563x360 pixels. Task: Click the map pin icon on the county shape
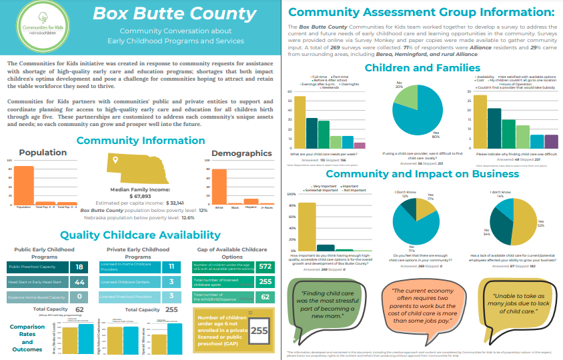coord(115,161)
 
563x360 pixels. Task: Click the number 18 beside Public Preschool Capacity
coord(79,267)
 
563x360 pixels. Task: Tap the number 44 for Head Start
coord(79,282)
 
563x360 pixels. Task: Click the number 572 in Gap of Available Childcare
coord(265,267)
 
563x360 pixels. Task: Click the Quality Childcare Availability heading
coord(140,235)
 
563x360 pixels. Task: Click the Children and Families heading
coord(422,67)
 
